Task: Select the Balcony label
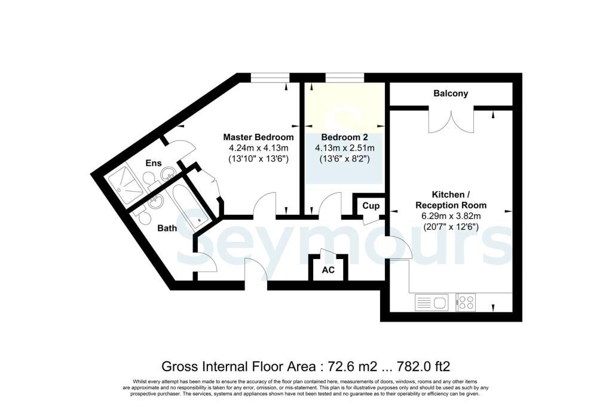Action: pos(451,94)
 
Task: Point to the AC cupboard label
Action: pos(328,270)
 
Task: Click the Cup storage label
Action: pos(368,206)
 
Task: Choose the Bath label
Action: pos(168,228)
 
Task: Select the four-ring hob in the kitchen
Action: pos(466,303)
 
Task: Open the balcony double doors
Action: pos(451,121)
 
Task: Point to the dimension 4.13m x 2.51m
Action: pos(344,148)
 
